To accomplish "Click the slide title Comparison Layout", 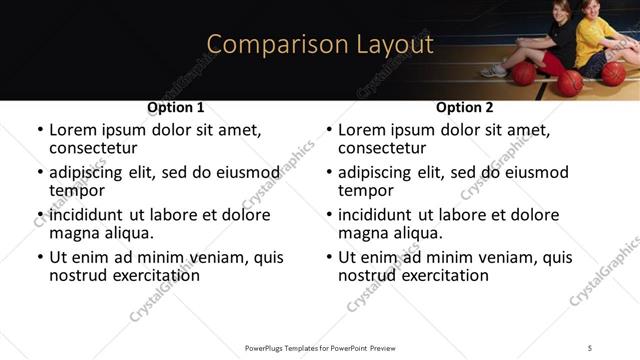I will (320, 45).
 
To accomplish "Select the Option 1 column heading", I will (176, 107).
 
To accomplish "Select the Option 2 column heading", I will (465, 107).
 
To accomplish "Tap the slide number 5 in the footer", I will (590, 347).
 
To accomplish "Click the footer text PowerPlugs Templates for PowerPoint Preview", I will (320, 347).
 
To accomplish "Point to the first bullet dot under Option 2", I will (329, 131).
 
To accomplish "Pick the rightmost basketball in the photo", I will (613, 74).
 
